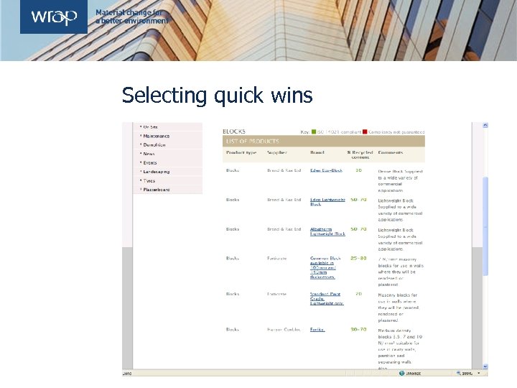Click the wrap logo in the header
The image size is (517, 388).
[53, 17]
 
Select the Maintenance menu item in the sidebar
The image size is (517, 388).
[156, 136]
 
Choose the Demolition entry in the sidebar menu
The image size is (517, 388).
[154, 144]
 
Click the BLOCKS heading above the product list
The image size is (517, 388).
[234, 131]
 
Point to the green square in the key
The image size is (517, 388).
[313, 132]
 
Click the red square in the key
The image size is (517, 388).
[365, 132]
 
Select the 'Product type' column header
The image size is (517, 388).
[241, 152]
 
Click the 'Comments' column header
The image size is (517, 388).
[391, 152]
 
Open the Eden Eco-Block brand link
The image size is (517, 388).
[326, 170]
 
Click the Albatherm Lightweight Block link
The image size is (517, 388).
[327, 231]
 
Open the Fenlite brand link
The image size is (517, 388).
[317, 330]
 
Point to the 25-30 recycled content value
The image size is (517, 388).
[358, 258]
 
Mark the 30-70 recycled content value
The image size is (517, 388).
[358, 330]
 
